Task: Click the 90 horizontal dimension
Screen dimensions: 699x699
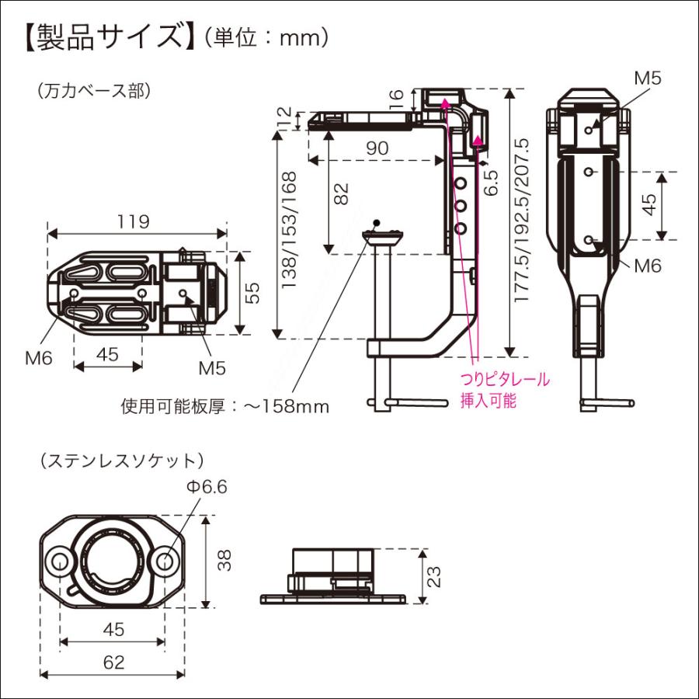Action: [378, 147]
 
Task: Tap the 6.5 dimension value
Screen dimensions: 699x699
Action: [491, 183]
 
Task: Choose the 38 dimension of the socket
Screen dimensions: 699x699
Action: [224, 561]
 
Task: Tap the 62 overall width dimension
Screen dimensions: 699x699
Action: [113, 662]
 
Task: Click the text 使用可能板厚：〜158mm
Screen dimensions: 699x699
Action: [225, 406]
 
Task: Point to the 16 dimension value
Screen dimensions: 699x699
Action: [396, 98]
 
